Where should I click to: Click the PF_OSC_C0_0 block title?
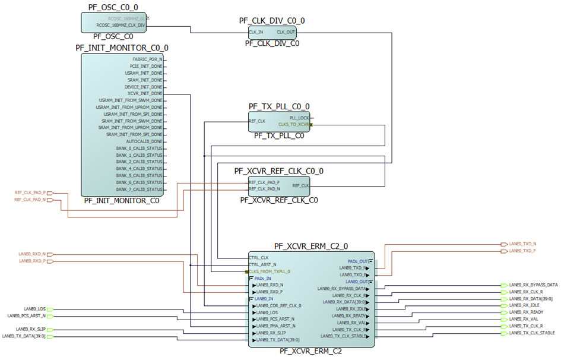[113, 7]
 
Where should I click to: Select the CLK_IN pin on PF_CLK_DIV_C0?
[256, 31]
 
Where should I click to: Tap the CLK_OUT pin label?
[286, 31]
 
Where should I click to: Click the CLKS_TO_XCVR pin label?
[292, 124]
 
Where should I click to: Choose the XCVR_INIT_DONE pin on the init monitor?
[144, 93]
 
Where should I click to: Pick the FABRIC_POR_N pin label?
[147, 60]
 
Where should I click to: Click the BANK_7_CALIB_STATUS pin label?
[139, 189]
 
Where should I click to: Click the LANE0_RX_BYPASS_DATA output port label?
[533, 285]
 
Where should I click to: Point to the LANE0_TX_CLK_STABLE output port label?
[532, 333]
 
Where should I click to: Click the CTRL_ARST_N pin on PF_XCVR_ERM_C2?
[263, 264]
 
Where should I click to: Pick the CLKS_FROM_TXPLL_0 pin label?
[270, 271]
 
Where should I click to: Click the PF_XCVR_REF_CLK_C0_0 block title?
[278, 171]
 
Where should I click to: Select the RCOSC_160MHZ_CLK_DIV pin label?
[121, 26]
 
